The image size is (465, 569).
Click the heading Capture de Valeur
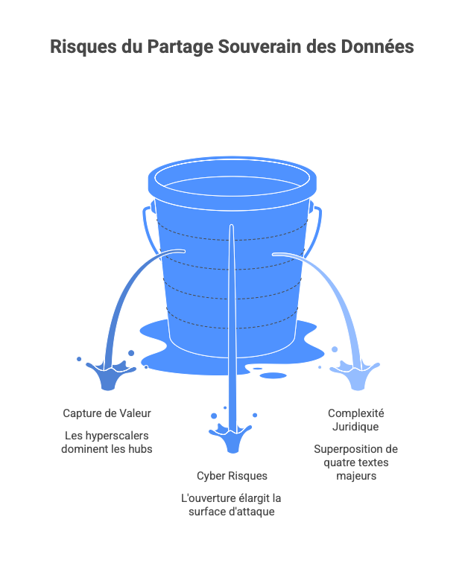111,413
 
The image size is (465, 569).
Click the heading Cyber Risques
232,475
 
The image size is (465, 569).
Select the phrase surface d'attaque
232,512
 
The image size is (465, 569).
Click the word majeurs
355,476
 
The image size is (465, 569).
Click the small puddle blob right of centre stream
273,375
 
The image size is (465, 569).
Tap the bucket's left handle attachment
153,206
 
